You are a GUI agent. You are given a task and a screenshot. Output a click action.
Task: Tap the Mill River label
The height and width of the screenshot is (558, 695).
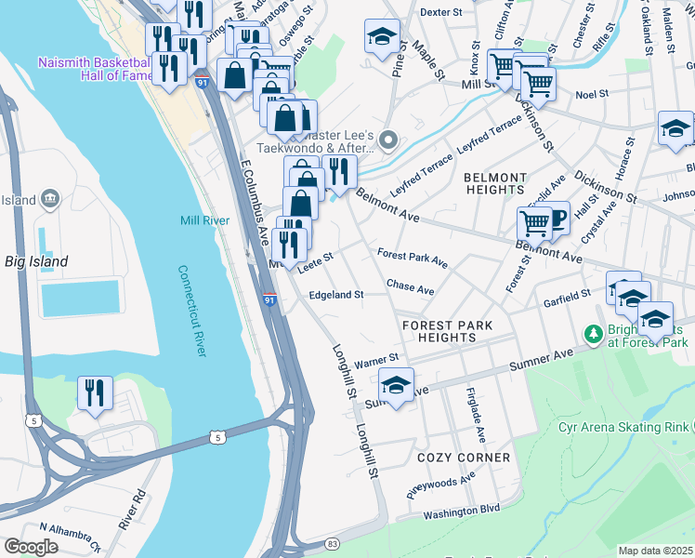pyautogui.click(x=204, y=220)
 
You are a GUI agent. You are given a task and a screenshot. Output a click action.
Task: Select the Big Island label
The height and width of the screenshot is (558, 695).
pyautogui.click(x=35, y=261)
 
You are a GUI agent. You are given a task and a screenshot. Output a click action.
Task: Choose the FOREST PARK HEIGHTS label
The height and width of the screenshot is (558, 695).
pyautogui.click(x=446, y=331)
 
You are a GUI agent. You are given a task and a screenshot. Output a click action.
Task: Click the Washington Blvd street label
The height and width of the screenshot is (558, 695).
pyautogui.click(x=462, y=511)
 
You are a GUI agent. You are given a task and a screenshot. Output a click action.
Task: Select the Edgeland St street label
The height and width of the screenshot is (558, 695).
pyautogui.click(x=335, y=295)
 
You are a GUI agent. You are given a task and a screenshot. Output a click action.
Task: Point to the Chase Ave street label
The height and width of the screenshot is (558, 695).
pyautogui.click(x=410, y=289)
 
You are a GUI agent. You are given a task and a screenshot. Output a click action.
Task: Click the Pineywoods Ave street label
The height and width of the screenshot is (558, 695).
pyautogui.click(x=440, y=485)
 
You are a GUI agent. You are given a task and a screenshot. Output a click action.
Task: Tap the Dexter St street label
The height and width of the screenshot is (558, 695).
pyautogui.click(x=440, y=12)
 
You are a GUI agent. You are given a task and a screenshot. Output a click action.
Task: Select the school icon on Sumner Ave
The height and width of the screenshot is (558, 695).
pyautogui.click(x=396, y=385)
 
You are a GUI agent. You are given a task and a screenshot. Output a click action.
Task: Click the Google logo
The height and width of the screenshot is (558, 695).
pyautogui.click(x=31, y=546)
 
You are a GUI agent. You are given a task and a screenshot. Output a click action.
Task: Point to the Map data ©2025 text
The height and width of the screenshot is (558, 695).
pyautogui.click(x=655, y=551)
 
